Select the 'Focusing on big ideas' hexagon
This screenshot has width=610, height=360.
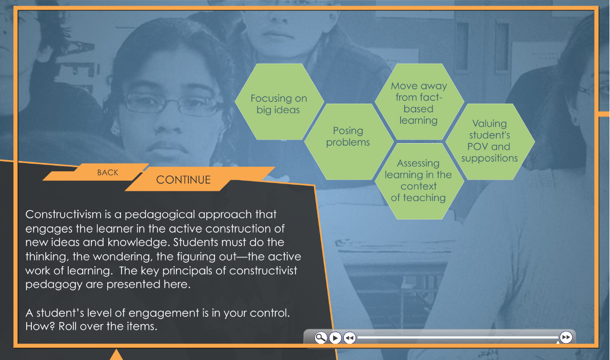click(279, 102)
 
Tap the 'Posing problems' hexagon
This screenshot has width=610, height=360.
click(348, 142)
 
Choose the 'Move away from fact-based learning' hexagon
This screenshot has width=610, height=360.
click(419, 102)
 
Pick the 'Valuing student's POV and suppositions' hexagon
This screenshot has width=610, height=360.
click(490, 142)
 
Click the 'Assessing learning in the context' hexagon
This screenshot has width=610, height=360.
click(419, 181)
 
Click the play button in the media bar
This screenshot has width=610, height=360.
click(335, 338)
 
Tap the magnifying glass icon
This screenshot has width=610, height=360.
click(321, 338)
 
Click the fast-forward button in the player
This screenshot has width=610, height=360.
click(566, 337)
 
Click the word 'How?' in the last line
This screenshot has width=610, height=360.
click(41, 326)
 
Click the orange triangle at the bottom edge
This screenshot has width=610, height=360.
click(116, 355)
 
